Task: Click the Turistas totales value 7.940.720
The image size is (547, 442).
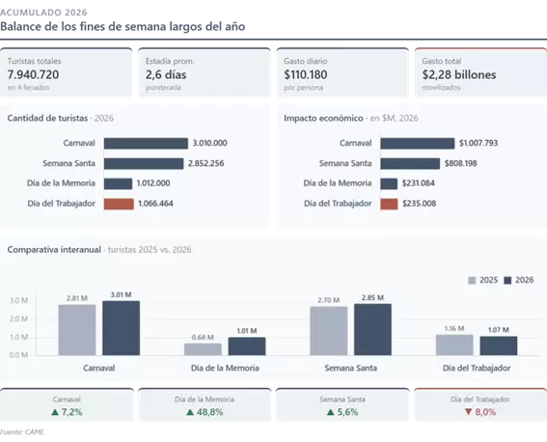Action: tap(33, 74)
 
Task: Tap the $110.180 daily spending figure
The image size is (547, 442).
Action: tap(306, 74)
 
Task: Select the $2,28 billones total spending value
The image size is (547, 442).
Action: tap(459, 74)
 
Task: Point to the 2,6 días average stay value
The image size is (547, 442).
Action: tap(166, 74)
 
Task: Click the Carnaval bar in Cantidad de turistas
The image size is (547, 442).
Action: tap(146, 144)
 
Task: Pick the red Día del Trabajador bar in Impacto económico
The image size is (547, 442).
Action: tap(389, 204)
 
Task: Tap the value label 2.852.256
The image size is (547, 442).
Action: tap(206, 163)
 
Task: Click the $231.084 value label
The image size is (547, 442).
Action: tap(419, 183)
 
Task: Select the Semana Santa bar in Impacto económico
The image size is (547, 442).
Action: tap(410, 164)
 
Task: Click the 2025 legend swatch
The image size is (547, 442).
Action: tap(472, 281)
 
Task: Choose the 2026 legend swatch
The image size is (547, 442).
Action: tap(507, 281)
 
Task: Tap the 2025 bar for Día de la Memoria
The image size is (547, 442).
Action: tap(203, 349)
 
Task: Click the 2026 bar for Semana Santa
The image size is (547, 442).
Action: tap(372, 330)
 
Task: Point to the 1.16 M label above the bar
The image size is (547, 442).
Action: tap(454, 329)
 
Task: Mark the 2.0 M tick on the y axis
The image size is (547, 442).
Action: tap(19, 318)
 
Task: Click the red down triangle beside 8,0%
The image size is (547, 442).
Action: tap(469, 412)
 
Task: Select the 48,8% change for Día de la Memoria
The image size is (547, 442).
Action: tap(209, 412)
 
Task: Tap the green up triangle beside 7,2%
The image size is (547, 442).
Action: tap(55, 412)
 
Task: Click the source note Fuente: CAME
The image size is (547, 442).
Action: tap(23, 432)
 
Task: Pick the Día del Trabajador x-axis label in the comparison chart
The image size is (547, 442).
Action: tap(477, 368)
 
